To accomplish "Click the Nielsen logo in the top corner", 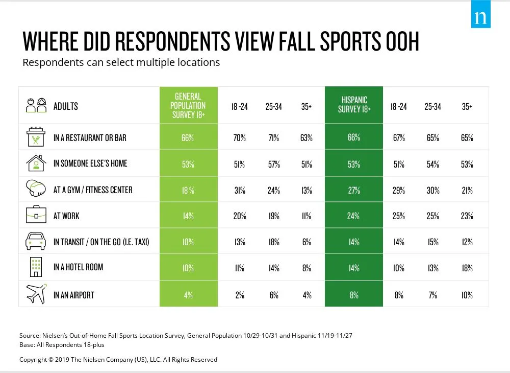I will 479,17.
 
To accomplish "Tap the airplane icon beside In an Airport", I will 36,294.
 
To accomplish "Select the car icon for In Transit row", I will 36,242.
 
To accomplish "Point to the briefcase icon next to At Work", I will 36,216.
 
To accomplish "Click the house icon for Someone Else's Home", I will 36,164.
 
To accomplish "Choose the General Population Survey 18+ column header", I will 188,105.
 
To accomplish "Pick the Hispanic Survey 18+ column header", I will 354,105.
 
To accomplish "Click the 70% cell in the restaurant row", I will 240,137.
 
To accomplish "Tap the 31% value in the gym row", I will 240,190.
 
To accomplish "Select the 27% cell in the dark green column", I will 354,190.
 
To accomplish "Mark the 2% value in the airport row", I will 240,295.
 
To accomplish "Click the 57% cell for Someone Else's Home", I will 273,164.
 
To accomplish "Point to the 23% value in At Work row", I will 466,216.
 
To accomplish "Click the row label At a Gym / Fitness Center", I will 93,190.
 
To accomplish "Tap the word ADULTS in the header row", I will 66,106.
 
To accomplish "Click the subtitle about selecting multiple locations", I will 121,63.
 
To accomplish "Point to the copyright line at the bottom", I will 118,359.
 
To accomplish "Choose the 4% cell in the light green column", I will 188,295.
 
